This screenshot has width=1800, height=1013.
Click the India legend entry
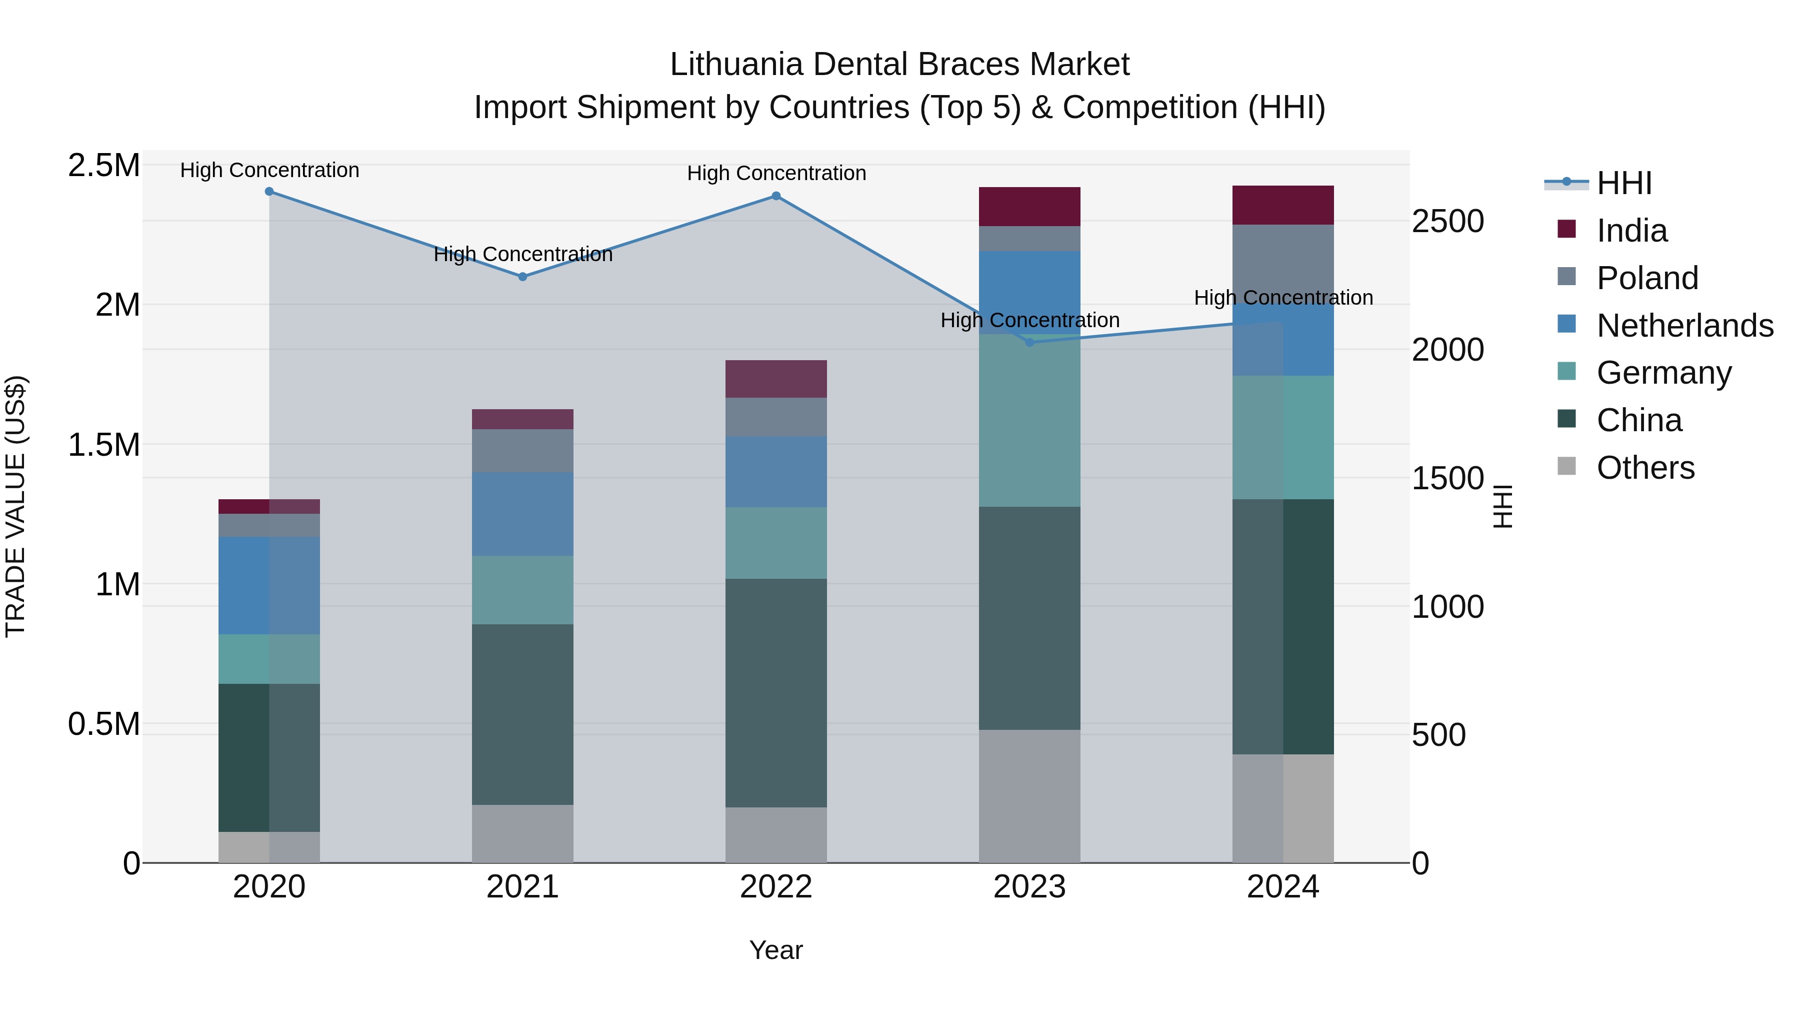click(1631, 231)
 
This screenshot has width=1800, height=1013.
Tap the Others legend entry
click(1645, 468)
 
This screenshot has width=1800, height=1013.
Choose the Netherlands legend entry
click(1684, 326)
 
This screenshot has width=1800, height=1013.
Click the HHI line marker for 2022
click(775, 197)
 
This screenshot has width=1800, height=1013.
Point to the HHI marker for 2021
click(522, 277)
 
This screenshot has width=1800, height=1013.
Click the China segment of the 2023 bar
click(1029, 619)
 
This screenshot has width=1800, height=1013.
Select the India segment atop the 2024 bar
click(1283, 206)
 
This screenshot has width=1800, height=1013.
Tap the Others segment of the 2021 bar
click(522, 834)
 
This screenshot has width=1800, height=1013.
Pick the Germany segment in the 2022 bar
click(775, 543)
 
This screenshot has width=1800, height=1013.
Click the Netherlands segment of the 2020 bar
click(269, 586)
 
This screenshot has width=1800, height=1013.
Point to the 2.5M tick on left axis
click(104, 167)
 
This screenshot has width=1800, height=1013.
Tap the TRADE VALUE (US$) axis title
click(15, 506)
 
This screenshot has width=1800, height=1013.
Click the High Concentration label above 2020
click(269, 171)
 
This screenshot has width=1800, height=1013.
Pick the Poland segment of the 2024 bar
click(1283, 264)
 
